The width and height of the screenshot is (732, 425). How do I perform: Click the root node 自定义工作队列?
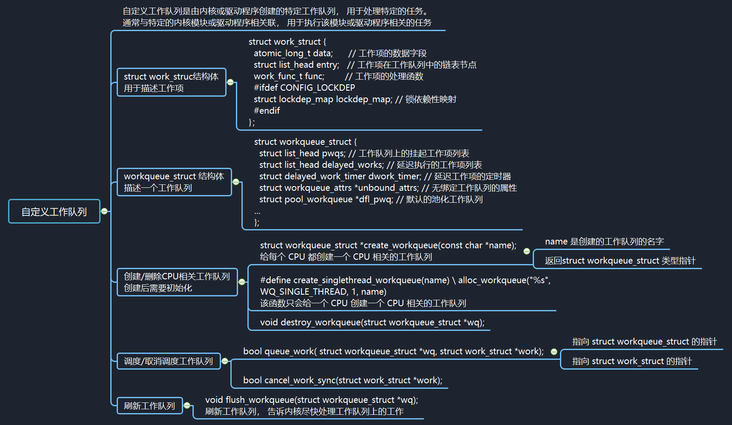coord(54,211)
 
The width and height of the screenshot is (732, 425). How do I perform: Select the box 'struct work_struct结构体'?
coord(171,82)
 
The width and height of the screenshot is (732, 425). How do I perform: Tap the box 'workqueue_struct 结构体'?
coord(174,182)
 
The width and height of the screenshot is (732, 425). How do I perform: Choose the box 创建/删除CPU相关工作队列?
coord(177,282)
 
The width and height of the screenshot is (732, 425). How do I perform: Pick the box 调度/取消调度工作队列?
coord(168,361)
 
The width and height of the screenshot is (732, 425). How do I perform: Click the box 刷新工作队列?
coord(149,406)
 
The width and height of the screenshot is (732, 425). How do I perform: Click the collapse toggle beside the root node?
coord(104,211)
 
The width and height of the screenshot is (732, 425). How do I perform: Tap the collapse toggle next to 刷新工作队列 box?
coord(187,405)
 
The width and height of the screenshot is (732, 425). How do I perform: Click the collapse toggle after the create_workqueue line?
coord(527,251)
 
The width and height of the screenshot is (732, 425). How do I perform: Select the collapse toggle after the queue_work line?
coord(554,352)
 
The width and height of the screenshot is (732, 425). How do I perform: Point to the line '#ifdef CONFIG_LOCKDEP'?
coord(304,88)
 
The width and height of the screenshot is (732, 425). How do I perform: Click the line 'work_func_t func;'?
coord(289,76)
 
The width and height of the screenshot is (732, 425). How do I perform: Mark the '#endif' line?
coord(267,111)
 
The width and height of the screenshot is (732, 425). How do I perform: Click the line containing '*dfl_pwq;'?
coord(370,199)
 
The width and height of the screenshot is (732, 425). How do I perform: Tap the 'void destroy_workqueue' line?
coord(372,322)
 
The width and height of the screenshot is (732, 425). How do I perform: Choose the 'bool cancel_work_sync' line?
coord(342,380)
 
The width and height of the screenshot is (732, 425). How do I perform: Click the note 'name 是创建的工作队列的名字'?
coord(604,241)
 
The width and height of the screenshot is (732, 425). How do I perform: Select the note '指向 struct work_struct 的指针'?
coord(632,361)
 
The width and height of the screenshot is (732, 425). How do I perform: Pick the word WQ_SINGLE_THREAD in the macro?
coord(304,292)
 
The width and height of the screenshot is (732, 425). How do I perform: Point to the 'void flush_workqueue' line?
coord(311,400)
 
